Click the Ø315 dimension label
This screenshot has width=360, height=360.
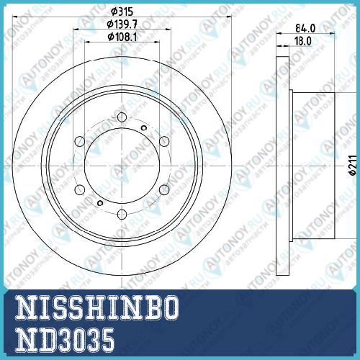click(x=122, y=12)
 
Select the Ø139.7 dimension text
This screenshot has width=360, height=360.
click(x=122, y=24)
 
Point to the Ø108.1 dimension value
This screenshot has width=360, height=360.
click(x=122, y=37)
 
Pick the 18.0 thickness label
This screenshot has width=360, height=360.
click(x=303, y=41)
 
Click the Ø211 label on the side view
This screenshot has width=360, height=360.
click(x=353, y=165)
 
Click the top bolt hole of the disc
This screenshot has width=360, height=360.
click(x=122, y=117)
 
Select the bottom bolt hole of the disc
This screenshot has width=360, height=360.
click(x=122, y=215)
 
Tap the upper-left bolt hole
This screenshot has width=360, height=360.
click(x=80, y=141)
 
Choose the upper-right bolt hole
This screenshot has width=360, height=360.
click(x=164, y=141)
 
